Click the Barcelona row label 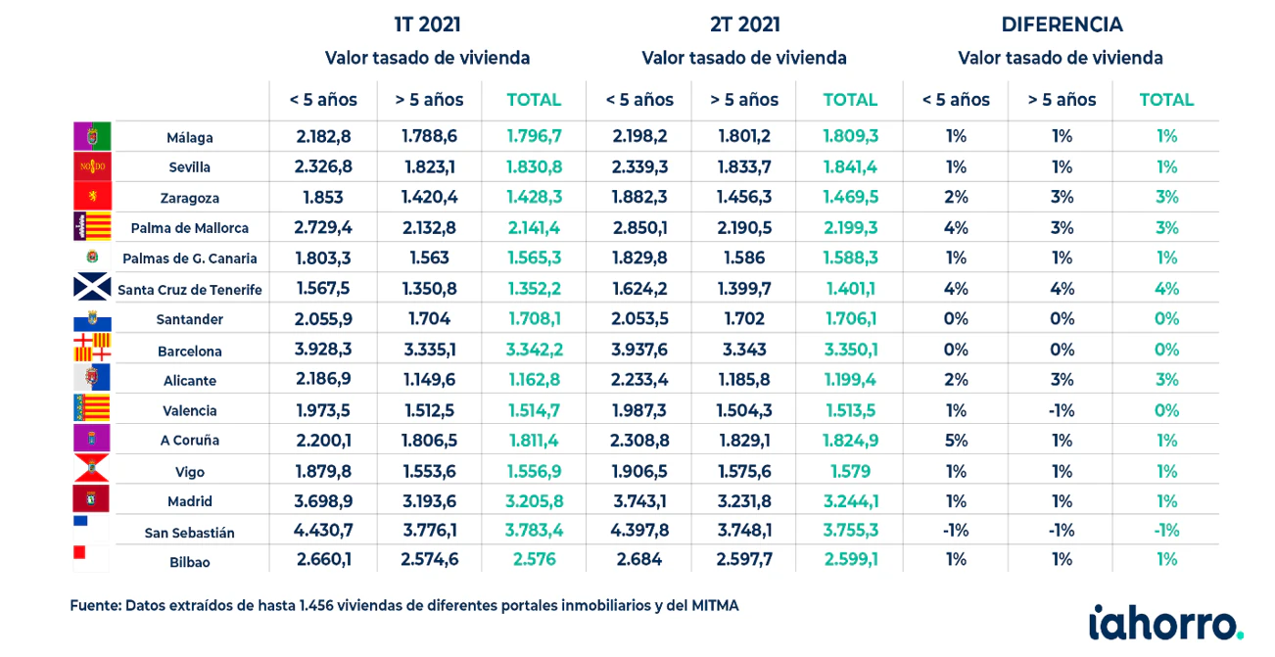(190, 352)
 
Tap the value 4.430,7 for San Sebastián (323, 531)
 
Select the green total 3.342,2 (534, 350)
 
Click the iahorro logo (1165, 623)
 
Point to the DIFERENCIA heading (1062, 24)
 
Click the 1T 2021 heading (428, 24)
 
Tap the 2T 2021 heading (745, 24)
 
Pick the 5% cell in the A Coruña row (956, 441)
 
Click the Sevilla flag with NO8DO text (92, 166)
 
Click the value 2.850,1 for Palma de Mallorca (639, 228)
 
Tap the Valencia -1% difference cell (1062, 410)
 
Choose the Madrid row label (190, 501)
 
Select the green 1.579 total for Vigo (850, 471)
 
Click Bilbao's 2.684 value (639, 560)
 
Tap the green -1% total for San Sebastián (1166, 531)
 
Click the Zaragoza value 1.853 (323, 198)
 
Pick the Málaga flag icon (92, 136)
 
